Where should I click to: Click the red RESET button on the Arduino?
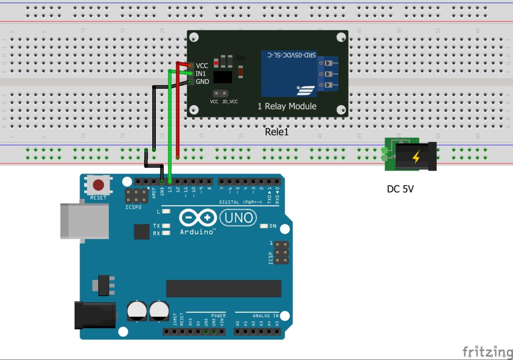click(x=98, y=185)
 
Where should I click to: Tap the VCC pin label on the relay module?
click(x=202, y=66)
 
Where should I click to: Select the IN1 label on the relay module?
click(x=201, y=73)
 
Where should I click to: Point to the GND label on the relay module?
click(x=202, y=81)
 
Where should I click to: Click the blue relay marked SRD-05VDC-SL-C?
click(x=288, y=73)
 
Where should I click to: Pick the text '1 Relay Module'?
click(x=287, y=106)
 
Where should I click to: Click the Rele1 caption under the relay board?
click(x=277, y=132)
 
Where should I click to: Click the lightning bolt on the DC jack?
click(x=416, y=157)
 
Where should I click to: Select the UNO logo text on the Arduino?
click(x=238, y=218)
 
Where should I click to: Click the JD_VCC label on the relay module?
click(x=230, y=102)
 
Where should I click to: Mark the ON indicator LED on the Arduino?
click(x=264, y=226)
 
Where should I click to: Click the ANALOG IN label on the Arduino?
click(x=266, y=316)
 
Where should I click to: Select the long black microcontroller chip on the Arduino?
click(x=223, y=288)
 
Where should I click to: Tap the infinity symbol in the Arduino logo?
click(x=197, y=218)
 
